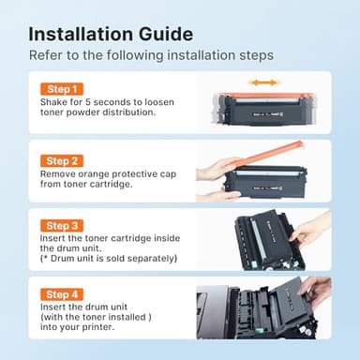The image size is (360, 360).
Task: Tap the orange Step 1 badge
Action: pyautogui.click(x=63, y=89)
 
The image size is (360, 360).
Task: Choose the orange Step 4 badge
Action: pyautogui.click(x=63, y=295)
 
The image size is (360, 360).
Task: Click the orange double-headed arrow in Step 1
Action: pyautogui.click(x=263, y=82)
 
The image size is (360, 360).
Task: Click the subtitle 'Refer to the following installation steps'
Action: pyautogui.click(x=151, y=55)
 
